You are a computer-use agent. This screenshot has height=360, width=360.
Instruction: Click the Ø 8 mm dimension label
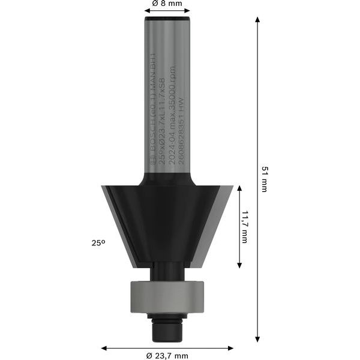click(167, 4)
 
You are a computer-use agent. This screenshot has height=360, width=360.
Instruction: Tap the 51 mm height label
click(264, 179)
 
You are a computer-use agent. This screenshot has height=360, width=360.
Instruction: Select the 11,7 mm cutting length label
click(245, 227)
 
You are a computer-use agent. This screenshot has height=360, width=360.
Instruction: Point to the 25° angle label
click(98, 243)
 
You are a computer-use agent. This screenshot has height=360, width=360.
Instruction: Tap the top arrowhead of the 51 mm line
click(257, 20)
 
